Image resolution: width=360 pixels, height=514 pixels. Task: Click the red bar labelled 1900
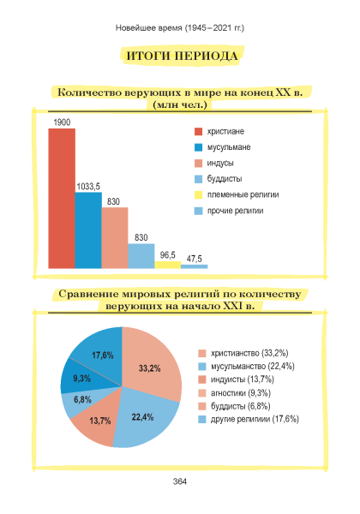pos(62,199)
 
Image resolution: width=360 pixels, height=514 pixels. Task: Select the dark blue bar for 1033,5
pos(88,230)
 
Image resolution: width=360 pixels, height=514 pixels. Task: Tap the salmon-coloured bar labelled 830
pos(115,237)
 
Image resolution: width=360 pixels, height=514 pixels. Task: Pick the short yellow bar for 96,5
pos(167,265)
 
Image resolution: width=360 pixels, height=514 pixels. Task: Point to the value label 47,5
pos(194,259)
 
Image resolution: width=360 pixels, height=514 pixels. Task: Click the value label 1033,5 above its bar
pos(88,187)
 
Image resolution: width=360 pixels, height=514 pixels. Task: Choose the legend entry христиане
pos(219,131)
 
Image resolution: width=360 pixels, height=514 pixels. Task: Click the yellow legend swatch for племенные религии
pos(198,195)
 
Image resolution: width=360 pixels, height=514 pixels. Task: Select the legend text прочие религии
pos(235,211)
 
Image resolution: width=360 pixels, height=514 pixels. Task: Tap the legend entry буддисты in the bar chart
pos(219,179)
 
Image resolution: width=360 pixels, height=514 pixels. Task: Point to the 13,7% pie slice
pos(95,423)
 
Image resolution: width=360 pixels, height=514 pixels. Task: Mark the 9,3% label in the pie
pos(81,379)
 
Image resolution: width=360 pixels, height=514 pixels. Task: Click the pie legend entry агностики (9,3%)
pos(234,392)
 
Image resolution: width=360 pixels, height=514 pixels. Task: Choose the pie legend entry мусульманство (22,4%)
pos(246,366)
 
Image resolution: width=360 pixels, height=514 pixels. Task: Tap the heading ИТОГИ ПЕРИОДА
pos(182,56)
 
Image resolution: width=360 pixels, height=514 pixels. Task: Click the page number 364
pos(180,481)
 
